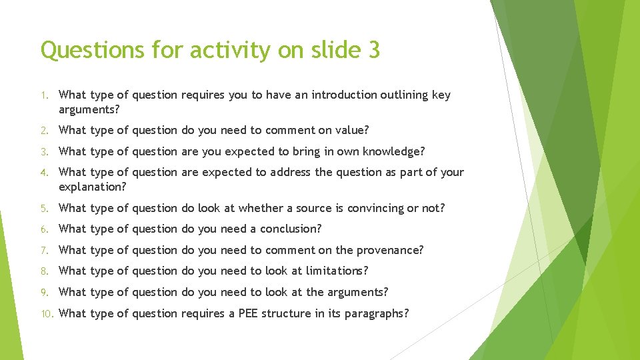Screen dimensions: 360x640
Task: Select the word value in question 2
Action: [353, 130]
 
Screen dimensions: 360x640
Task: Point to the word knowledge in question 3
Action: [394, 151]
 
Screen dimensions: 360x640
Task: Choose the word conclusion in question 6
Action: [291, 229]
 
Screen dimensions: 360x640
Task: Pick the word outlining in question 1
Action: [405, 95]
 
